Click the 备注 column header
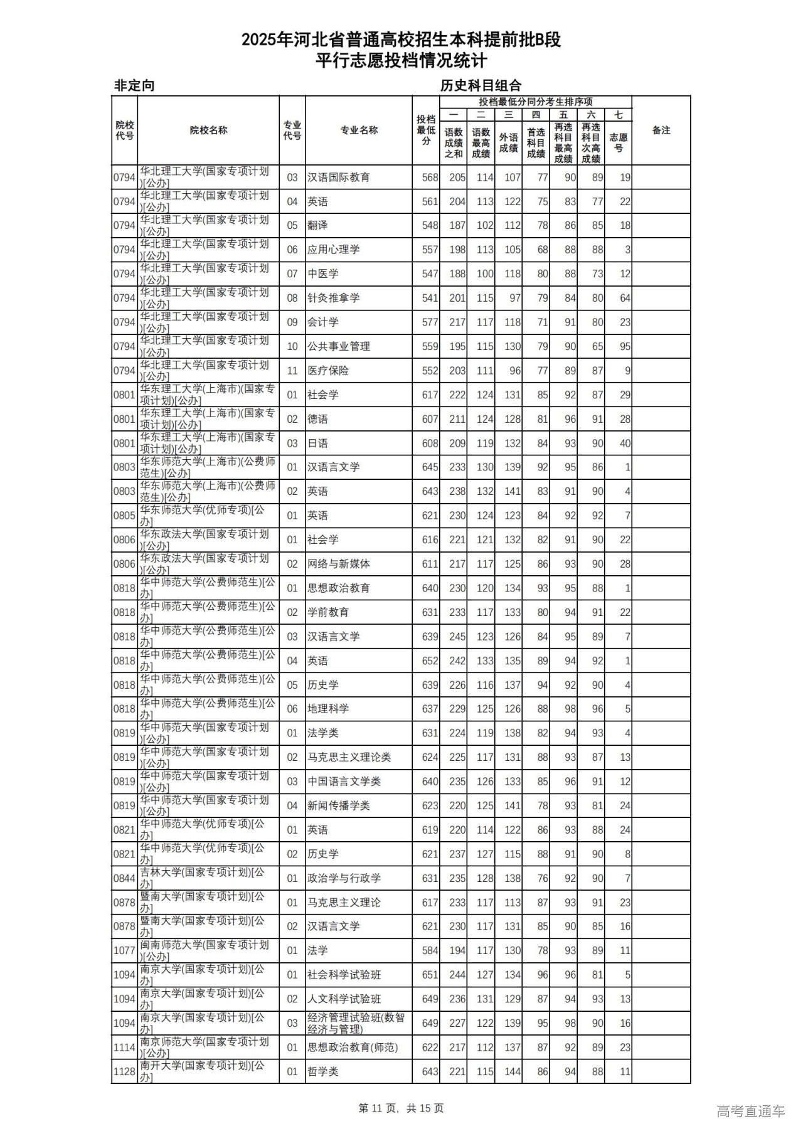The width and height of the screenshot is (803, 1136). [661, 130]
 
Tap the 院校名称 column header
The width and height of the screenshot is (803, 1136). [208, 130]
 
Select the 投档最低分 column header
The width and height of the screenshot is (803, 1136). [426, 130]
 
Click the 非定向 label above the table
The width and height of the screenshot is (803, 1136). [134, 86]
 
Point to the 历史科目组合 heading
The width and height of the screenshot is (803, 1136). [481, 86]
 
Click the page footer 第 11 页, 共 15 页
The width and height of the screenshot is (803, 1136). [401, 1108]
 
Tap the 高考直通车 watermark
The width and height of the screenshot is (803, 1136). [750, 1112]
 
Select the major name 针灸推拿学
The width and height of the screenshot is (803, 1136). [333, 298]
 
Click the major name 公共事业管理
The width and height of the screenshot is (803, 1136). [338, 346]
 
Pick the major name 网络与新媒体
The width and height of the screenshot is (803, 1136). [338, 564]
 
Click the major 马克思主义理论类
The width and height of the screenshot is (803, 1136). [349, 757]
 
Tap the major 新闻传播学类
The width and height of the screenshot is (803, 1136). [338, 805]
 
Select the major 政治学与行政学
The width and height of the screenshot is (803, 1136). [344, 878]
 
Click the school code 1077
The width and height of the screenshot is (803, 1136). [124, 950]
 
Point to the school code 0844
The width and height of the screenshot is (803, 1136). [124, 878]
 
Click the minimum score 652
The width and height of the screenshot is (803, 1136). [430, 661]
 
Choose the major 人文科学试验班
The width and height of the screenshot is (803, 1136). [344, 999]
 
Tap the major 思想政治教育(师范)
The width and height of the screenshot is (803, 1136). [352, 1047]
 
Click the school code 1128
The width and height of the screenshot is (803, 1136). [124, 1071]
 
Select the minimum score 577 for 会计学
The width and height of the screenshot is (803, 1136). [430, 322]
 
